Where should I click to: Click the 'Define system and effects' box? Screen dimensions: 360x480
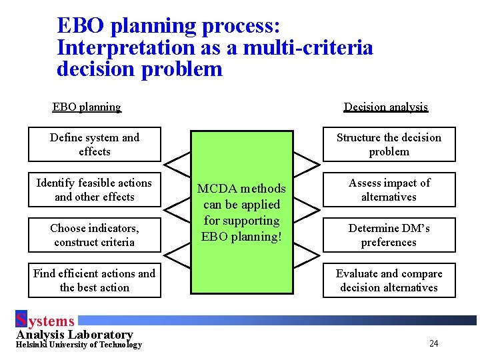coord(95,145)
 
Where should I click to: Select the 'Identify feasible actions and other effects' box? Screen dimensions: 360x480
coord(95,190)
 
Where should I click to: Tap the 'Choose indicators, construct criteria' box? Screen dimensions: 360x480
coord(95,235)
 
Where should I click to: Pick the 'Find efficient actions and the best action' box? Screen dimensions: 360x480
coord(95,281)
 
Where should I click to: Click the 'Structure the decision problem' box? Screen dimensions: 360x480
coord(389,145)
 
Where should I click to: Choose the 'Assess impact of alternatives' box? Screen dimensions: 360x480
coord(389,190)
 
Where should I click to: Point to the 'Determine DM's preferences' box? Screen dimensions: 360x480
coord(389,235)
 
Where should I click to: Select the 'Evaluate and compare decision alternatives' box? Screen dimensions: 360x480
coord(389,281)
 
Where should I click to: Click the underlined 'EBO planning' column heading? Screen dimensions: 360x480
coord(87,107)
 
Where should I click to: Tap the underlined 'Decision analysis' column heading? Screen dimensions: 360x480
coord(386,107)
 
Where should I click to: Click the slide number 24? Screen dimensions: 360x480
coord(433,344)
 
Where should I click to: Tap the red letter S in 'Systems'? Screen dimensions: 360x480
coord(21,321)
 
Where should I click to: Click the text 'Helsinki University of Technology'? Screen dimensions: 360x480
coord(79,345)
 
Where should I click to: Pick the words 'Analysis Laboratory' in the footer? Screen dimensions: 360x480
coord(75,335)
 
